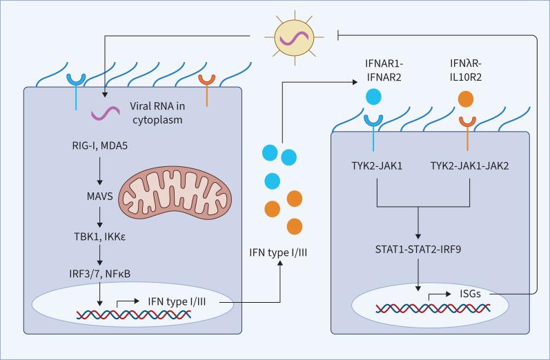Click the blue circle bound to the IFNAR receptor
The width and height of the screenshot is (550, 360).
pos(374,96)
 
